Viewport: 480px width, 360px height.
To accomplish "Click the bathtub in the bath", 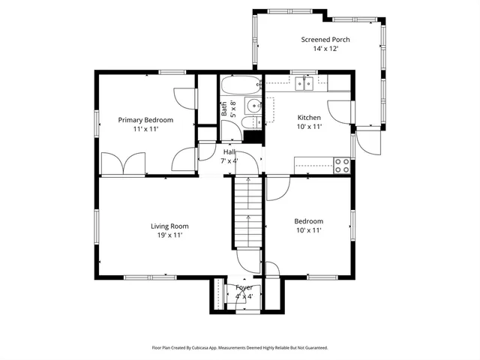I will click(x=240, y=84).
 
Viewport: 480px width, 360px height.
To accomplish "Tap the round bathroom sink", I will click(x=253, y=105).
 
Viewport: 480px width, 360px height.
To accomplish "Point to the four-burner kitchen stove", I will click(x=342, y=165).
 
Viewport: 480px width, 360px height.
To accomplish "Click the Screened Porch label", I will click(x=325, y=40).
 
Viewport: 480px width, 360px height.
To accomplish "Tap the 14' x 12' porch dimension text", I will click(x=325, y=49).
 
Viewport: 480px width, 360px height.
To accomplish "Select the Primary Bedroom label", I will click(x=145, y=120).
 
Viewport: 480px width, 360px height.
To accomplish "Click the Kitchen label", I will click(x=309, y=118).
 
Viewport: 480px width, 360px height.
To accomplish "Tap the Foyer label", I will click(x=244, y=287).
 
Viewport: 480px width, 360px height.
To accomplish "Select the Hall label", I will click(x=229, y=151).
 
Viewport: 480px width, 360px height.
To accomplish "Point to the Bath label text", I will click(x=223, y=108).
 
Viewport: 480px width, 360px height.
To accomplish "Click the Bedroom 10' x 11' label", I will click(x=308, y=226).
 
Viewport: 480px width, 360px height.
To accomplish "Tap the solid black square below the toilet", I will click(x=254, y=136).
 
